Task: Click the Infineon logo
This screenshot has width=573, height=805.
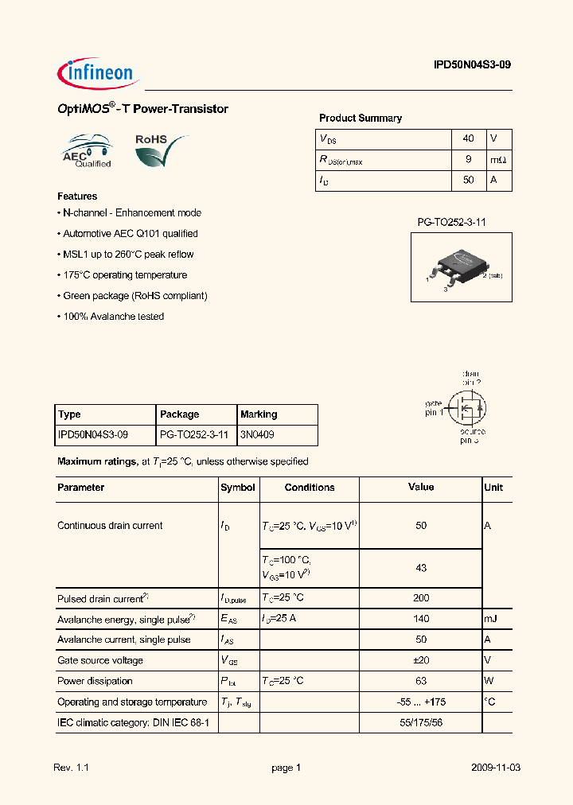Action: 99,73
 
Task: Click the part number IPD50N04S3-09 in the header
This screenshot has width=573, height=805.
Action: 467,68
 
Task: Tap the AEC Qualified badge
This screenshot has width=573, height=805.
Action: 87,151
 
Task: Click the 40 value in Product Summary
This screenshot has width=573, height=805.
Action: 468,138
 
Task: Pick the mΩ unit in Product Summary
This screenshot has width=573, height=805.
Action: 498,160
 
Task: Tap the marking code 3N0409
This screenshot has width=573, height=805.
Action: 257,435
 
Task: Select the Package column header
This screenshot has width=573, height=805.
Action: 180,414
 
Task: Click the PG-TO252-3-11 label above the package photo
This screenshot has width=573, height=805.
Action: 451,223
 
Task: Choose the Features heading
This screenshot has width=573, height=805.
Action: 77,196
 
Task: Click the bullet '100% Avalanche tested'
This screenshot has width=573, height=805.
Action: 112,317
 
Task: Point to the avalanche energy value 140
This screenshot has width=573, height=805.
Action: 421,619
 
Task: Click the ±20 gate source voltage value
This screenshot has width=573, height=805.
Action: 421,660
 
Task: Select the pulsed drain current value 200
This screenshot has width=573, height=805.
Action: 421,598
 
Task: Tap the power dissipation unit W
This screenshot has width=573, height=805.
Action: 490,681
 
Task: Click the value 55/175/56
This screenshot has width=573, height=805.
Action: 421,722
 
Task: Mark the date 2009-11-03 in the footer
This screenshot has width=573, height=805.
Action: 495,768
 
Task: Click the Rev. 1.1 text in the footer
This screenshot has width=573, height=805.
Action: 71,768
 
